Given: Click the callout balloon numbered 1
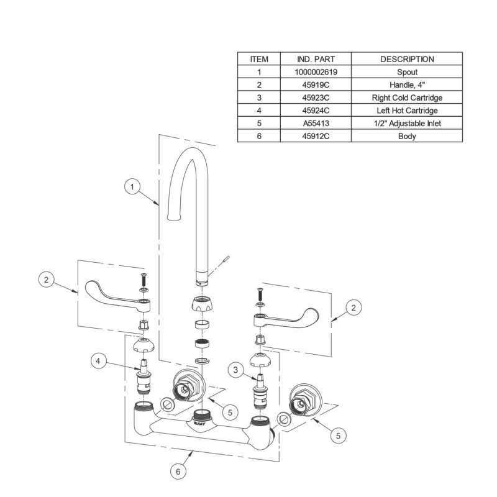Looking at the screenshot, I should pyautogui.click(x=132, y=185).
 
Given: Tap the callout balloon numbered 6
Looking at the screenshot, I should pyautogui.click(x=178, y=472).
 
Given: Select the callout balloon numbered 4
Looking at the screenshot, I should pyautogui.click(x=98, y=360).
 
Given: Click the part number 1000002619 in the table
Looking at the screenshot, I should pyautogui.click(x=317, y=72).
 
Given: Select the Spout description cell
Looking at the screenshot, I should pyautogui.click(x=407, y=72).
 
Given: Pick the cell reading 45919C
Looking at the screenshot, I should pyautogui.click(x=317, y=85).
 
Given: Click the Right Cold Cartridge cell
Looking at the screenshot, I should pyautogui.click(x=407, y=98).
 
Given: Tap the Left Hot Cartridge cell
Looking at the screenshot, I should pyautogui.click(x=407, y=111).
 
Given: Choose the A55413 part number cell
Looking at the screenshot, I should pyautogui.click(x=317, y=124).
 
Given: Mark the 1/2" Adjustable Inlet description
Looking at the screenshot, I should pyautogui.click(x=407, y=124).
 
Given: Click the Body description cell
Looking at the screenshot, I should pyautogui.click(x=407, y=136).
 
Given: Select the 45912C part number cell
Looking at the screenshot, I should pyautogui.click(x=317, y=136).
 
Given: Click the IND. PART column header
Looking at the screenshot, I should pyautogui.click(x=317, y=59).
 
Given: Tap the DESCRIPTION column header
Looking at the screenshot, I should pyautogui.click(x=407, y=59).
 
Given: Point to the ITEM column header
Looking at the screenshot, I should pyautogui.click(x=259, y=59).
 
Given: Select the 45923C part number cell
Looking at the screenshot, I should pyautogui.click(x=317, y=98).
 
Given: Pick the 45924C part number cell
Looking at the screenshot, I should pyautogui.click(x=317, y=111).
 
